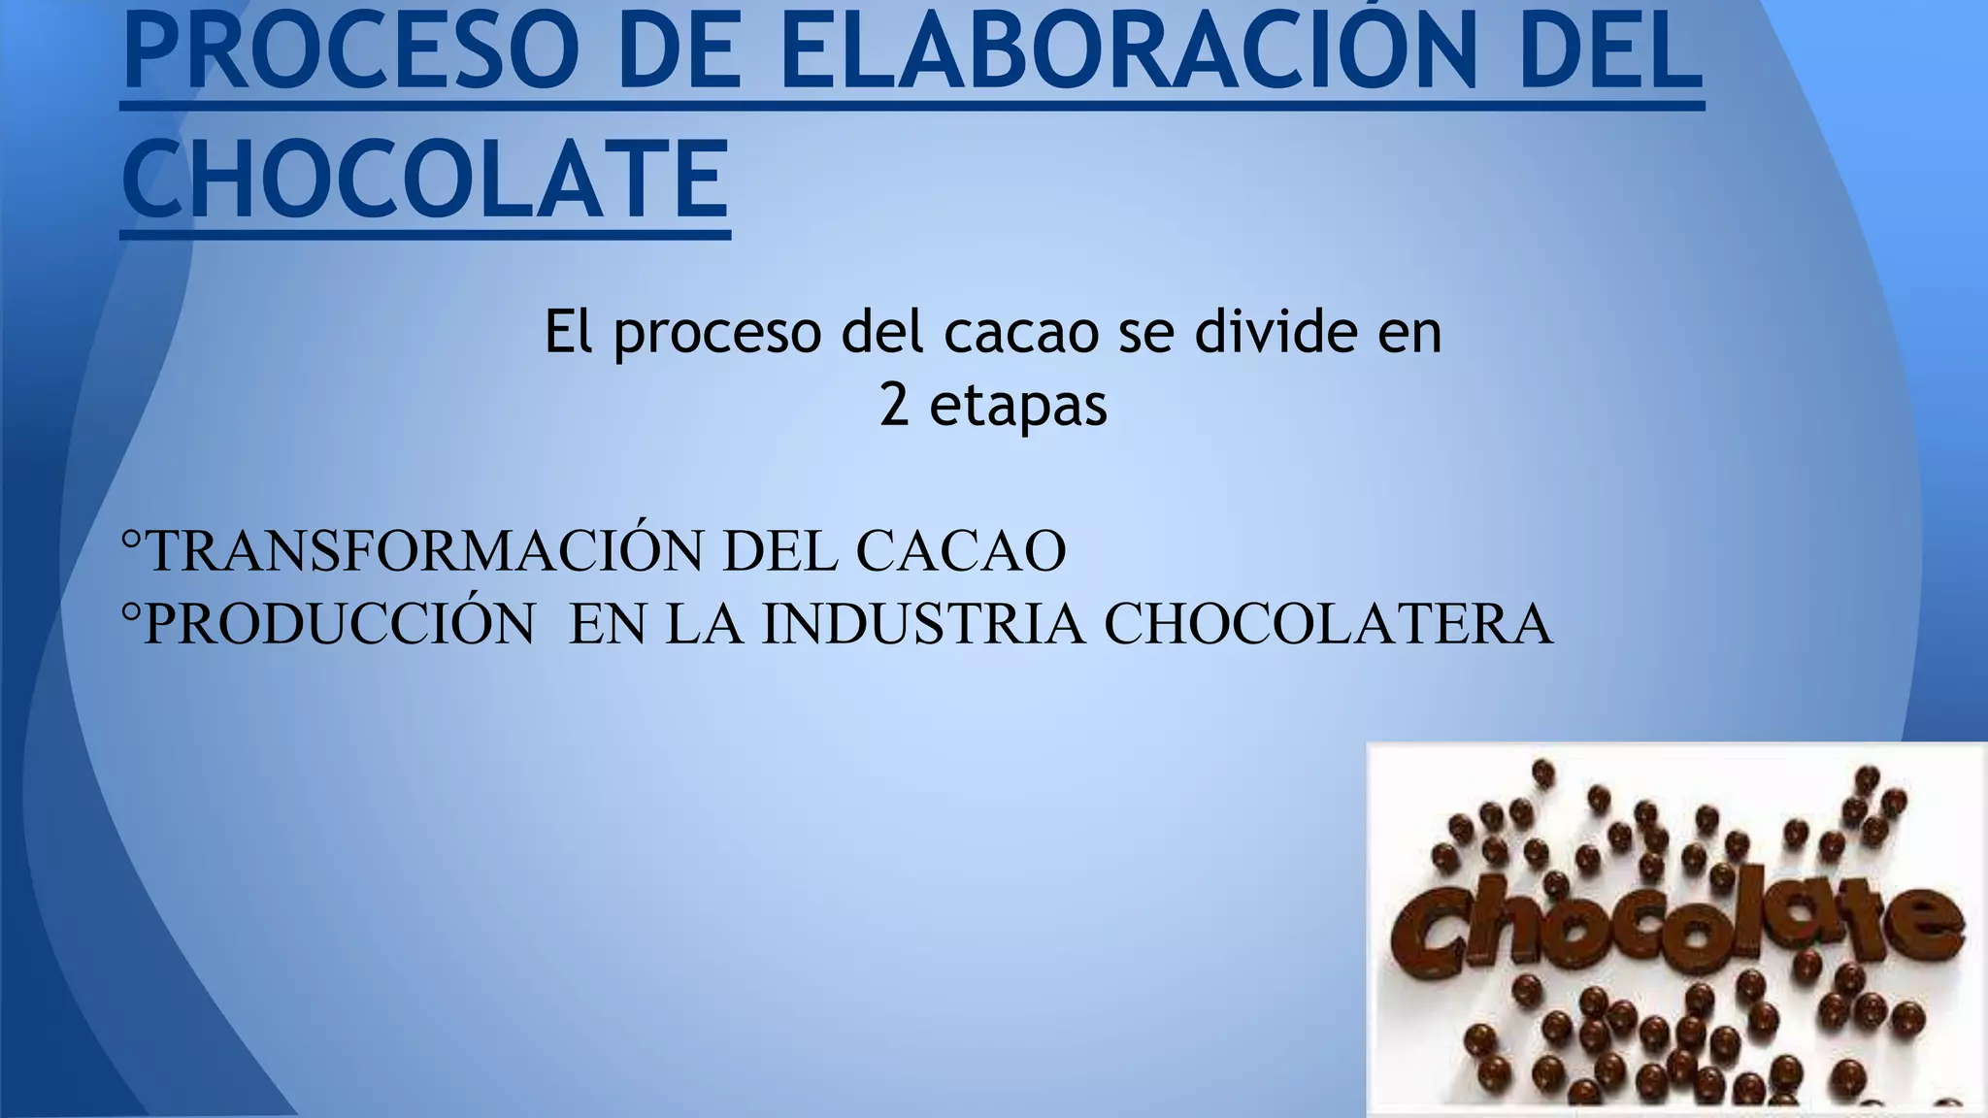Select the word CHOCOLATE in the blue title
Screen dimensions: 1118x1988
click(x=425, y=180)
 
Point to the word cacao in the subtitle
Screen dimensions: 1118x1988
click(x=1021, y=332)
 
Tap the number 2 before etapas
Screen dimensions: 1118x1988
click(x=894, y=405)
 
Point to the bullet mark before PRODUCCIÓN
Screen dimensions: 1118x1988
click(x=132, y=611)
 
